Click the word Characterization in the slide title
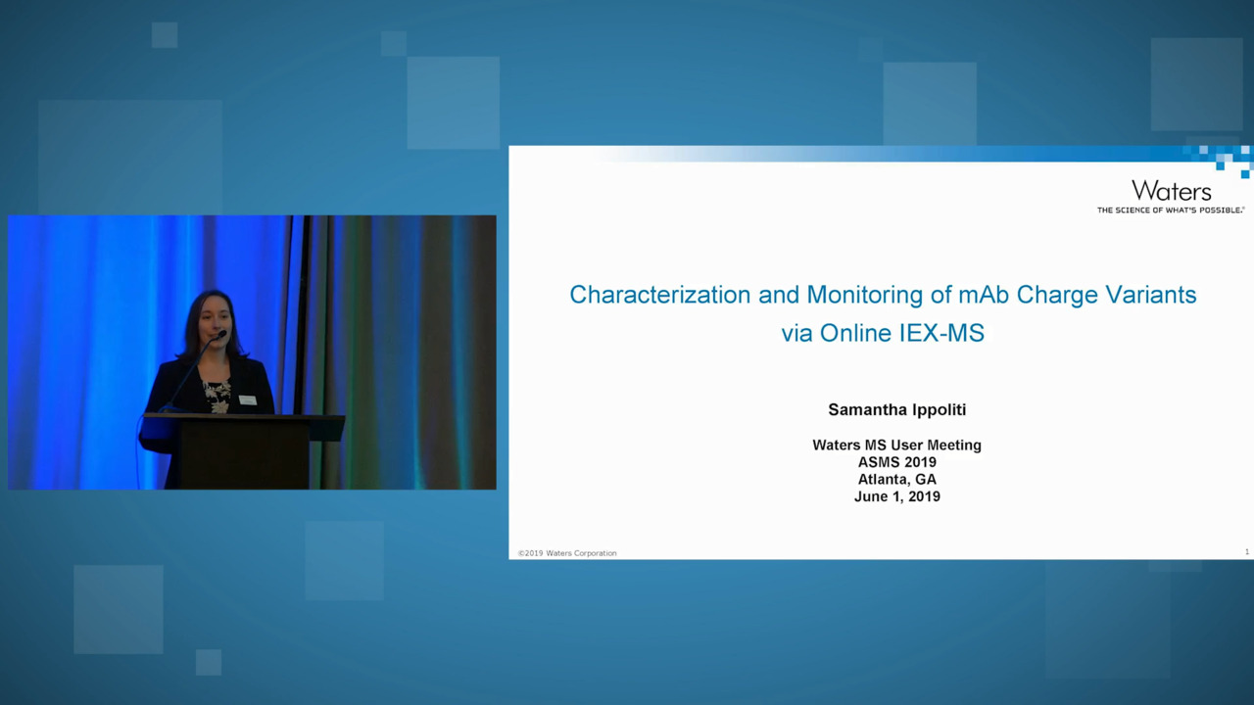[x=660, y=295]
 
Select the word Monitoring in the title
[x=865, y=295]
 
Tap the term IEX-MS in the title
[x=941, y=334]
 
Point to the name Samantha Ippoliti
[x=896, y=410]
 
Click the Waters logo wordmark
[x=1171, y=191]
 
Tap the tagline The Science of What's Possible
[x=1170, y=211]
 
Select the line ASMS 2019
[x=896, y=462]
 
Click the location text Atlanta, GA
[x=896, y=480]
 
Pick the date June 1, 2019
[x=896, y=496]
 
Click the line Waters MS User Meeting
[x=896, y=446]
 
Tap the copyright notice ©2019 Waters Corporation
[x=567, y=553]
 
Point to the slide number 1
[x=1247, y=552]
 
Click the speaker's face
[x=215, y=322]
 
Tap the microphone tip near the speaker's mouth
[x=221, y=335]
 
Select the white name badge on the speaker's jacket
[x=248, y=400]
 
